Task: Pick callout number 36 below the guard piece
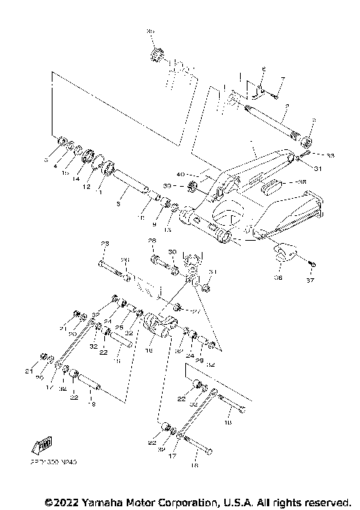pyautogui.click(x=278, y=276)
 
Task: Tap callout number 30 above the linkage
pyautogui.click(x=172, y=252)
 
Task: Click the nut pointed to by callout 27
pyautogui.click(x=178, y=307)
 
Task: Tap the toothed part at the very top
pyautogui.click(x=157, y=55)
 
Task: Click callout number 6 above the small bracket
pyautogui.click(x=264, y=69)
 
